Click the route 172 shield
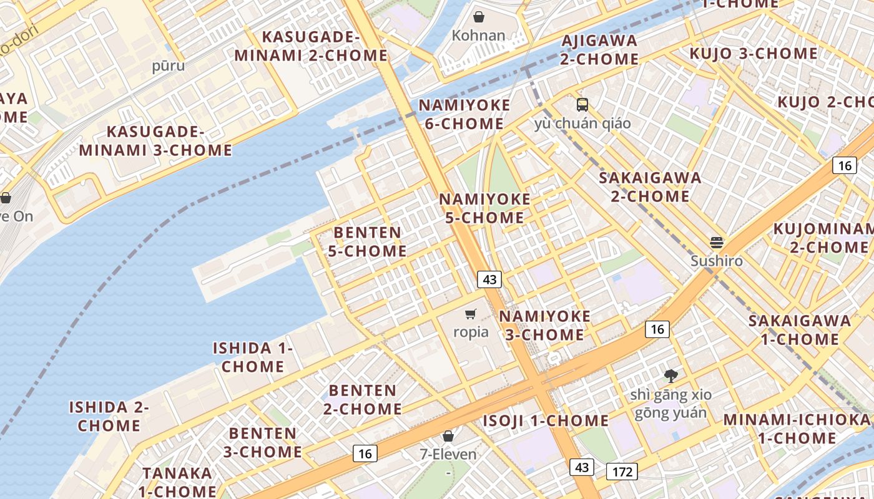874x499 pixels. (x=622, y=472)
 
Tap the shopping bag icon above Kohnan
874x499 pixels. (x=478, y=17)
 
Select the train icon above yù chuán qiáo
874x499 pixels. (x=582, y=104)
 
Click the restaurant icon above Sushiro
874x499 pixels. (x=716, y=242)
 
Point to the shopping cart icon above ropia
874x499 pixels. (x=471, y=314)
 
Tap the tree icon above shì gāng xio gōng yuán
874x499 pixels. (x=670, y=375)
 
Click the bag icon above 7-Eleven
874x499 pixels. (x=448, y=436)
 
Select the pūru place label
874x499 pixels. (x=169, y=65)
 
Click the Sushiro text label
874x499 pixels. (x=717, y=261)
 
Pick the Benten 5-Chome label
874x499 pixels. (x=368, y=241)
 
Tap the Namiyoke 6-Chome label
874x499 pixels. (x=464, y=114)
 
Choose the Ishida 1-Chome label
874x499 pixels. (x=253, y=357)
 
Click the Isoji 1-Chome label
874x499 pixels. (x=546, y=421)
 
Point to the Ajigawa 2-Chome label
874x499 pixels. (x=599, y=50)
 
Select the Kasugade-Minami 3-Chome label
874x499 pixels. (x=155, y=141)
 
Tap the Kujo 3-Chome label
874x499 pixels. (x=754, y=54)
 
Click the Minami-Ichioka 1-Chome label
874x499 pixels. (x=797, y=429)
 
